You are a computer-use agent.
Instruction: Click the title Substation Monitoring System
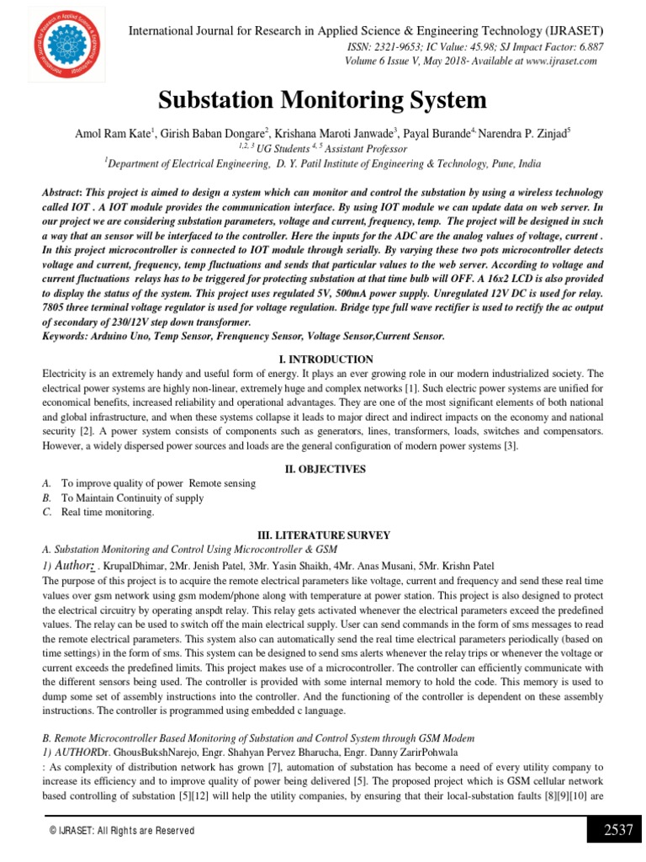[322, 101]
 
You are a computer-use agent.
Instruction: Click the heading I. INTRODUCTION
[322, 359]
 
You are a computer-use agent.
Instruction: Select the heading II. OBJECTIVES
[322, 468]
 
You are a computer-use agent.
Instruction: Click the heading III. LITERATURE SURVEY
[322, 535]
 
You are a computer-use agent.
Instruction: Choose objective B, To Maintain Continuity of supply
[132, 498]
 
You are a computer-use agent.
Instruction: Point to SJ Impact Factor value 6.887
[588, 48]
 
